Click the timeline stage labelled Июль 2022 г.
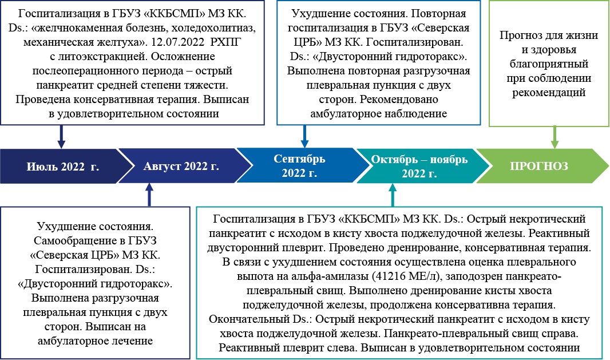[62, 166]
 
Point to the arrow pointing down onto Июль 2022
[61, 137]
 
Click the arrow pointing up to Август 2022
[149, 195]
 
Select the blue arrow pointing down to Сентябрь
[304, 137]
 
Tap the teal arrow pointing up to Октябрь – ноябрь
[393, 195]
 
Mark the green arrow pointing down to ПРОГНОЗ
[554, 137]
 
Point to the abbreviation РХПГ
[225, 42]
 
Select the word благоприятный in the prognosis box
[549, 64]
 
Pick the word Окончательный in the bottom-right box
[249, 319]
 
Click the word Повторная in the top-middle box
[439, 14]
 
